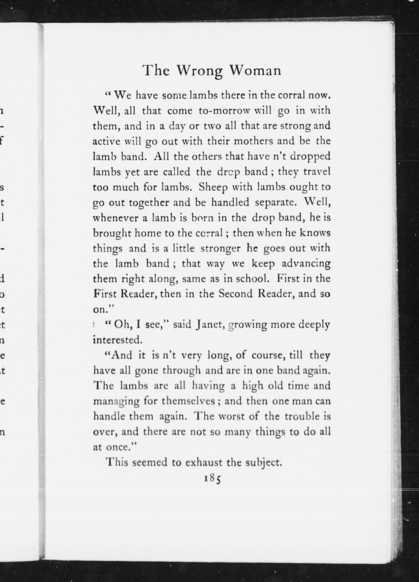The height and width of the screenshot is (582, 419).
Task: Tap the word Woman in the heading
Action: (255, 70)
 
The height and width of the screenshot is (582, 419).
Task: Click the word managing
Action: (116, 401)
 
